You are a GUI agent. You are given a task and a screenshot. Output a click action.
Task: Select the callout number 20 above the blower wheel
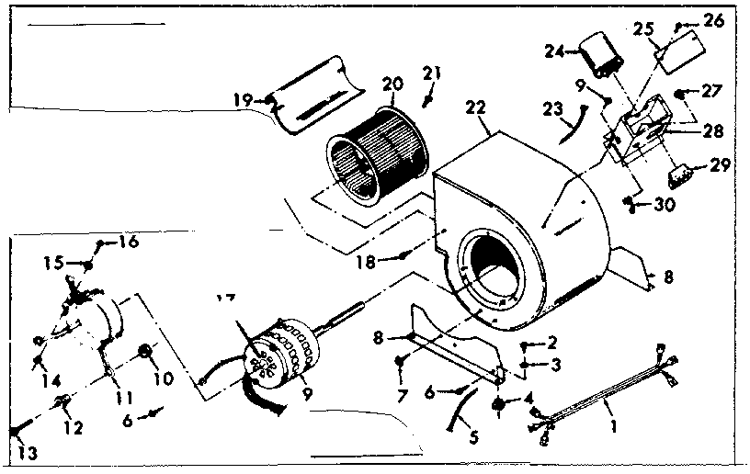pos(392,85)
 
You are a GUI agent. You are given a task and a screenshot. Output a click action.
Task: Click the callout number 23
pos(553,109)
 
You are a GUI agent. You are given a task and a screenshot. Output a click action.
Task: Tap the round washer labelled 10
pos(144,353)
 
